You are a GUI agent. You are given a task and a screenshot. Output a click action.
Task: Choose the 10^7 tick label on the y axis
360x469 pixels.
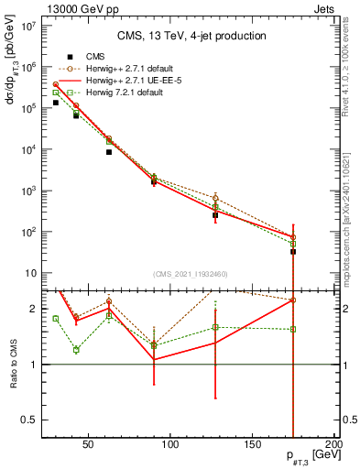pos(27,26)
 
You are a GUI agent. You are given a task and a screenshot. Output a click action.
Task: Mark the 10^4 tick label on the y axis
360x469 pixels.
pos(27,149)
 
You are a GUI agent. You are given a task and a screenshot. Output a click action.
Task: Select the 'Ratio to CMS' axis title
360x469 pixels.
pos(11,365)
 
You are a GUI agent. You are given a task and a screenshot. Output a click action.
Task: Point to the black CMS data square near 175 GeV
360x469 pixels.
pos(293,250)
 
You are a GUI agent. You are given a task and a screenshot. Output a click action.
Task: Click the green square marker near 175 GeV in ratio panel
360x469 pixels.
pos(293,329)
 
